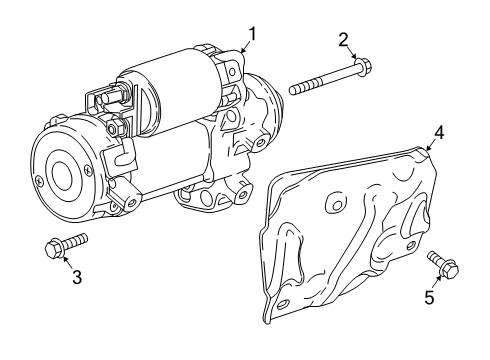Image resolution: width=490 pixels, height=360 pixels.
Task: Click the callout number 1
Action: point(252,34)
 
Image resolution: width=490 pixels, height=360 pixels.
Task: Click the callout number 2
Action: point(342,41)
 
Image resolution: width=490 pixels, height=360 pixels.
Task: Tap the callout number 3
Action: point(76,278)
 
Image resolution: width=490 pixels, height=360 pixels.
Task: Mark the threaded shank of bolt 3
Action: point(76,239)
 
